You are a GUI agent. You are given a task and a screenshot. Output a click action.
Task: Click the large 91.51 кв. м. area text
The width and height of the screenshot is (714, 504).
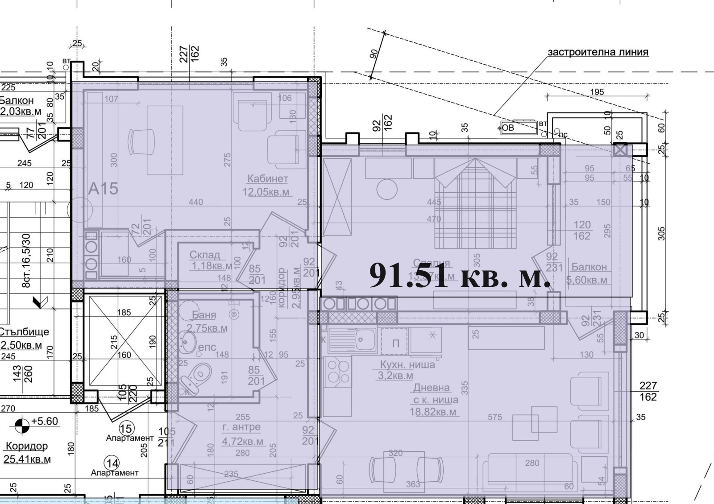coord(460,276)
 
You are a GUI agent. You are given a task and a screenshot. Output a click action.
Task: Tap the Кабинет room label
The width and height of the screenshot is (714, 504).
coord(268,179)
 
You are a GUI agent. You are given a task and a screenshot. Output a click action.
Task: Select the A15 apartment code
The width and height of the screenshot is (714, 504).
coord(103,189)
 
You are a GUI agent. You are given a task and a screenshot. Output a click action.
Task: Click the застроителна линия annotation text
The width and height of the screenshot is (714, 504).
coord(598,52)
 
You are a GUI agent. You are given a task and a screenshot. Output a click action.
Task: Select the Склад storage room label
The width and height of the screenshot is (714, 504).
coord(205,255)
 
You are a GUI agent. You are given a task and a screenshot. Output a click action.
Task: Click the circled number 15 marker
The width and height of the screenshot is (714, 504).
coord(126,429)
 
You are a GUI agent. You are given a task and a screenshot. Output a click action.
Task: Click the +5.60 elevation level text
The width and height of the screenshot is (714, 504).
coord(45,421)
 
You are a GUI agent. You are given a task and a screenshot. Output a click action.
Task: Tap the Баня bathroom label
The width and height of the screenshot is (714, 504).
coord(204,315)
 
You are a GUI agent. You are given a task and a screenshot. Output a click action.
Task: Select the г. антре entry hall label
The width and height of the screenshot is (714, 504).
coord(241,427)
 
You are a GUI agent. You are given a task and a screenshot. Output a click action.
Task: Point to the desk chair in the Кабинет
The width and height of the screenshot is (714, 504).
coord(141,141)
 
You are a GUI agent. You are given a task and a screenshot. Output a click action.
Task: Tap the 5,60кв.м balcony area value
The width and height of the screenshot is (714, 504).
coord(586,280)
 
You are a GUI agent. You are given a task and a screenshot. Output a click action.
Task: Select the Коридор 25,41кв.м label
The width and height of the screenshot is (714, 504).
coord(26,452)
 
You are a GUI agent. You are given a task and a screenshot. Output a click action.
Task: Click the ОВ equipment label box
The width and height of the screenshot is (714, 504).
coord(508,128)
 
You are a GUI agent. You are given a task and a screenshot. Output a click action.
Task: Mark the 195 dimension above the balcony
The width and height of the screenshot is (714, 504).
coord(597,92)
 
